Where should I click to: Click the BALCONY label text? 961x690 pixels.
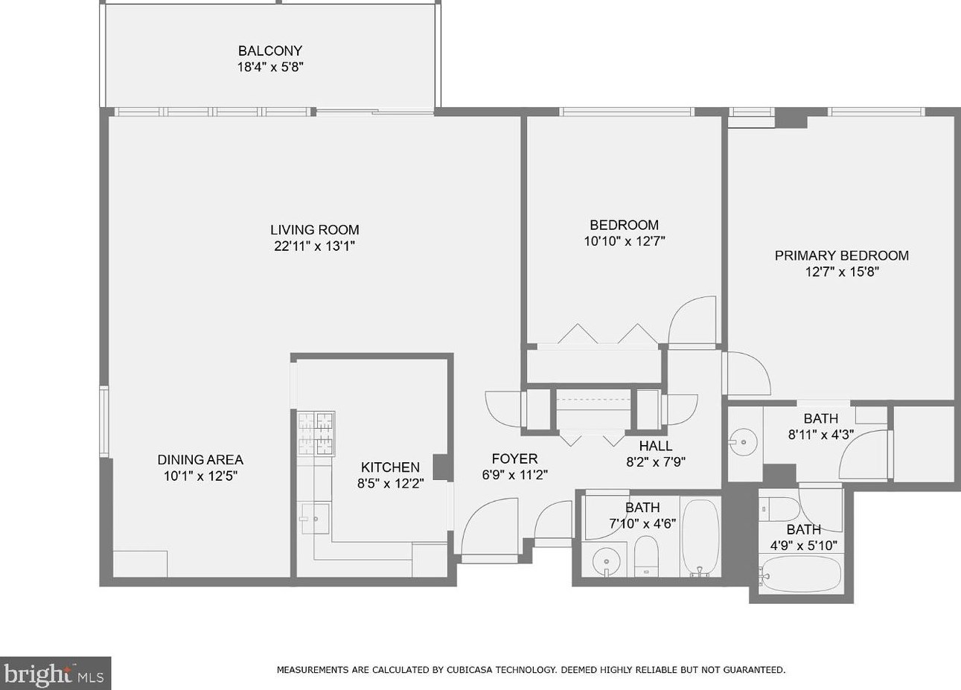pyautogui.click(x=270, y=51)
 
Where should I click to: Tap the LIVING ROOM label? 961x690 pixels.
pyautogui.click(x=314, y=229)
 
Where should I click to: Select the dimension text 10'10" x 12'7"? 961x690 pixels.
pyautogui.click(x=625, y=241)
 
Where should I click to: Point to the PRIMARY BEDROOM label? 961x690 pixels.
pyautogui.click(x=842, y=255)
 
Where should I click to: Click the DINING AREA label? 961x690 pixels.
pyautogui.click(x=200, y=459)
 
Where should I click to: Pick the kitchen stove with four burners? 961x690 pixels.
pyautogui.click(x=316, y=433)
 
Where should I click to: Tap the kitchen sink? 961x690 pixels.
pyautogui.click(x=316, y=518)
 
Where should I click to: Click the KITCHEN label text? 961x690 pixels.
pyautogui.click(x=390, y=467)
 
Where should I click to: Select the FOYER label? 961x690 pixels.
pyautogui.click(x=514, y=459)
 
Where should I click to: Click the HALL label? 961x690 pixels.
pyautogui.click(x=656, y=446)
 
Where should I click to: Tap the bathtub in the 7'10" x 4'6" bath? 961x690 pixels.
pyautogui.click(x=700, y=538)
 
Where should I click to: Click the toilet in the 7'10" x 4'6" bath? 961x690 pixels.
pyautogui.click(x=646, y=557)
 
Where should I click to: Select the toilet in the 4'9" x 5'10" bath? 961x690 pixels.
pyautogui.click(x=779, y=509)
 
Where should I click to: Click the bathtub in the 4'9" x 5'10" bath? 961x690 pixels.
pyautogui.click(x=800, y=574)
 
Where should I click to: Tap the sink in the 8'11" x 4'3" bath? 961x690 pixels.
pyautogui.click(x=743, y=441)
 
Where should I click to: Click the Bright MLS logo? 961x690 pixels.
pyautogui.click(x=55, y=673)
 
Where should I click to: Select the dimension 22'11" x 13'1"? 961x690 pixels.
pyautogui.click(x=314, y=246)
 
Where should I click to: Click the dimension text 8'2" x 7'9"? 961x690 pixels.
pyautogui.click(x=656, y=462)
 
